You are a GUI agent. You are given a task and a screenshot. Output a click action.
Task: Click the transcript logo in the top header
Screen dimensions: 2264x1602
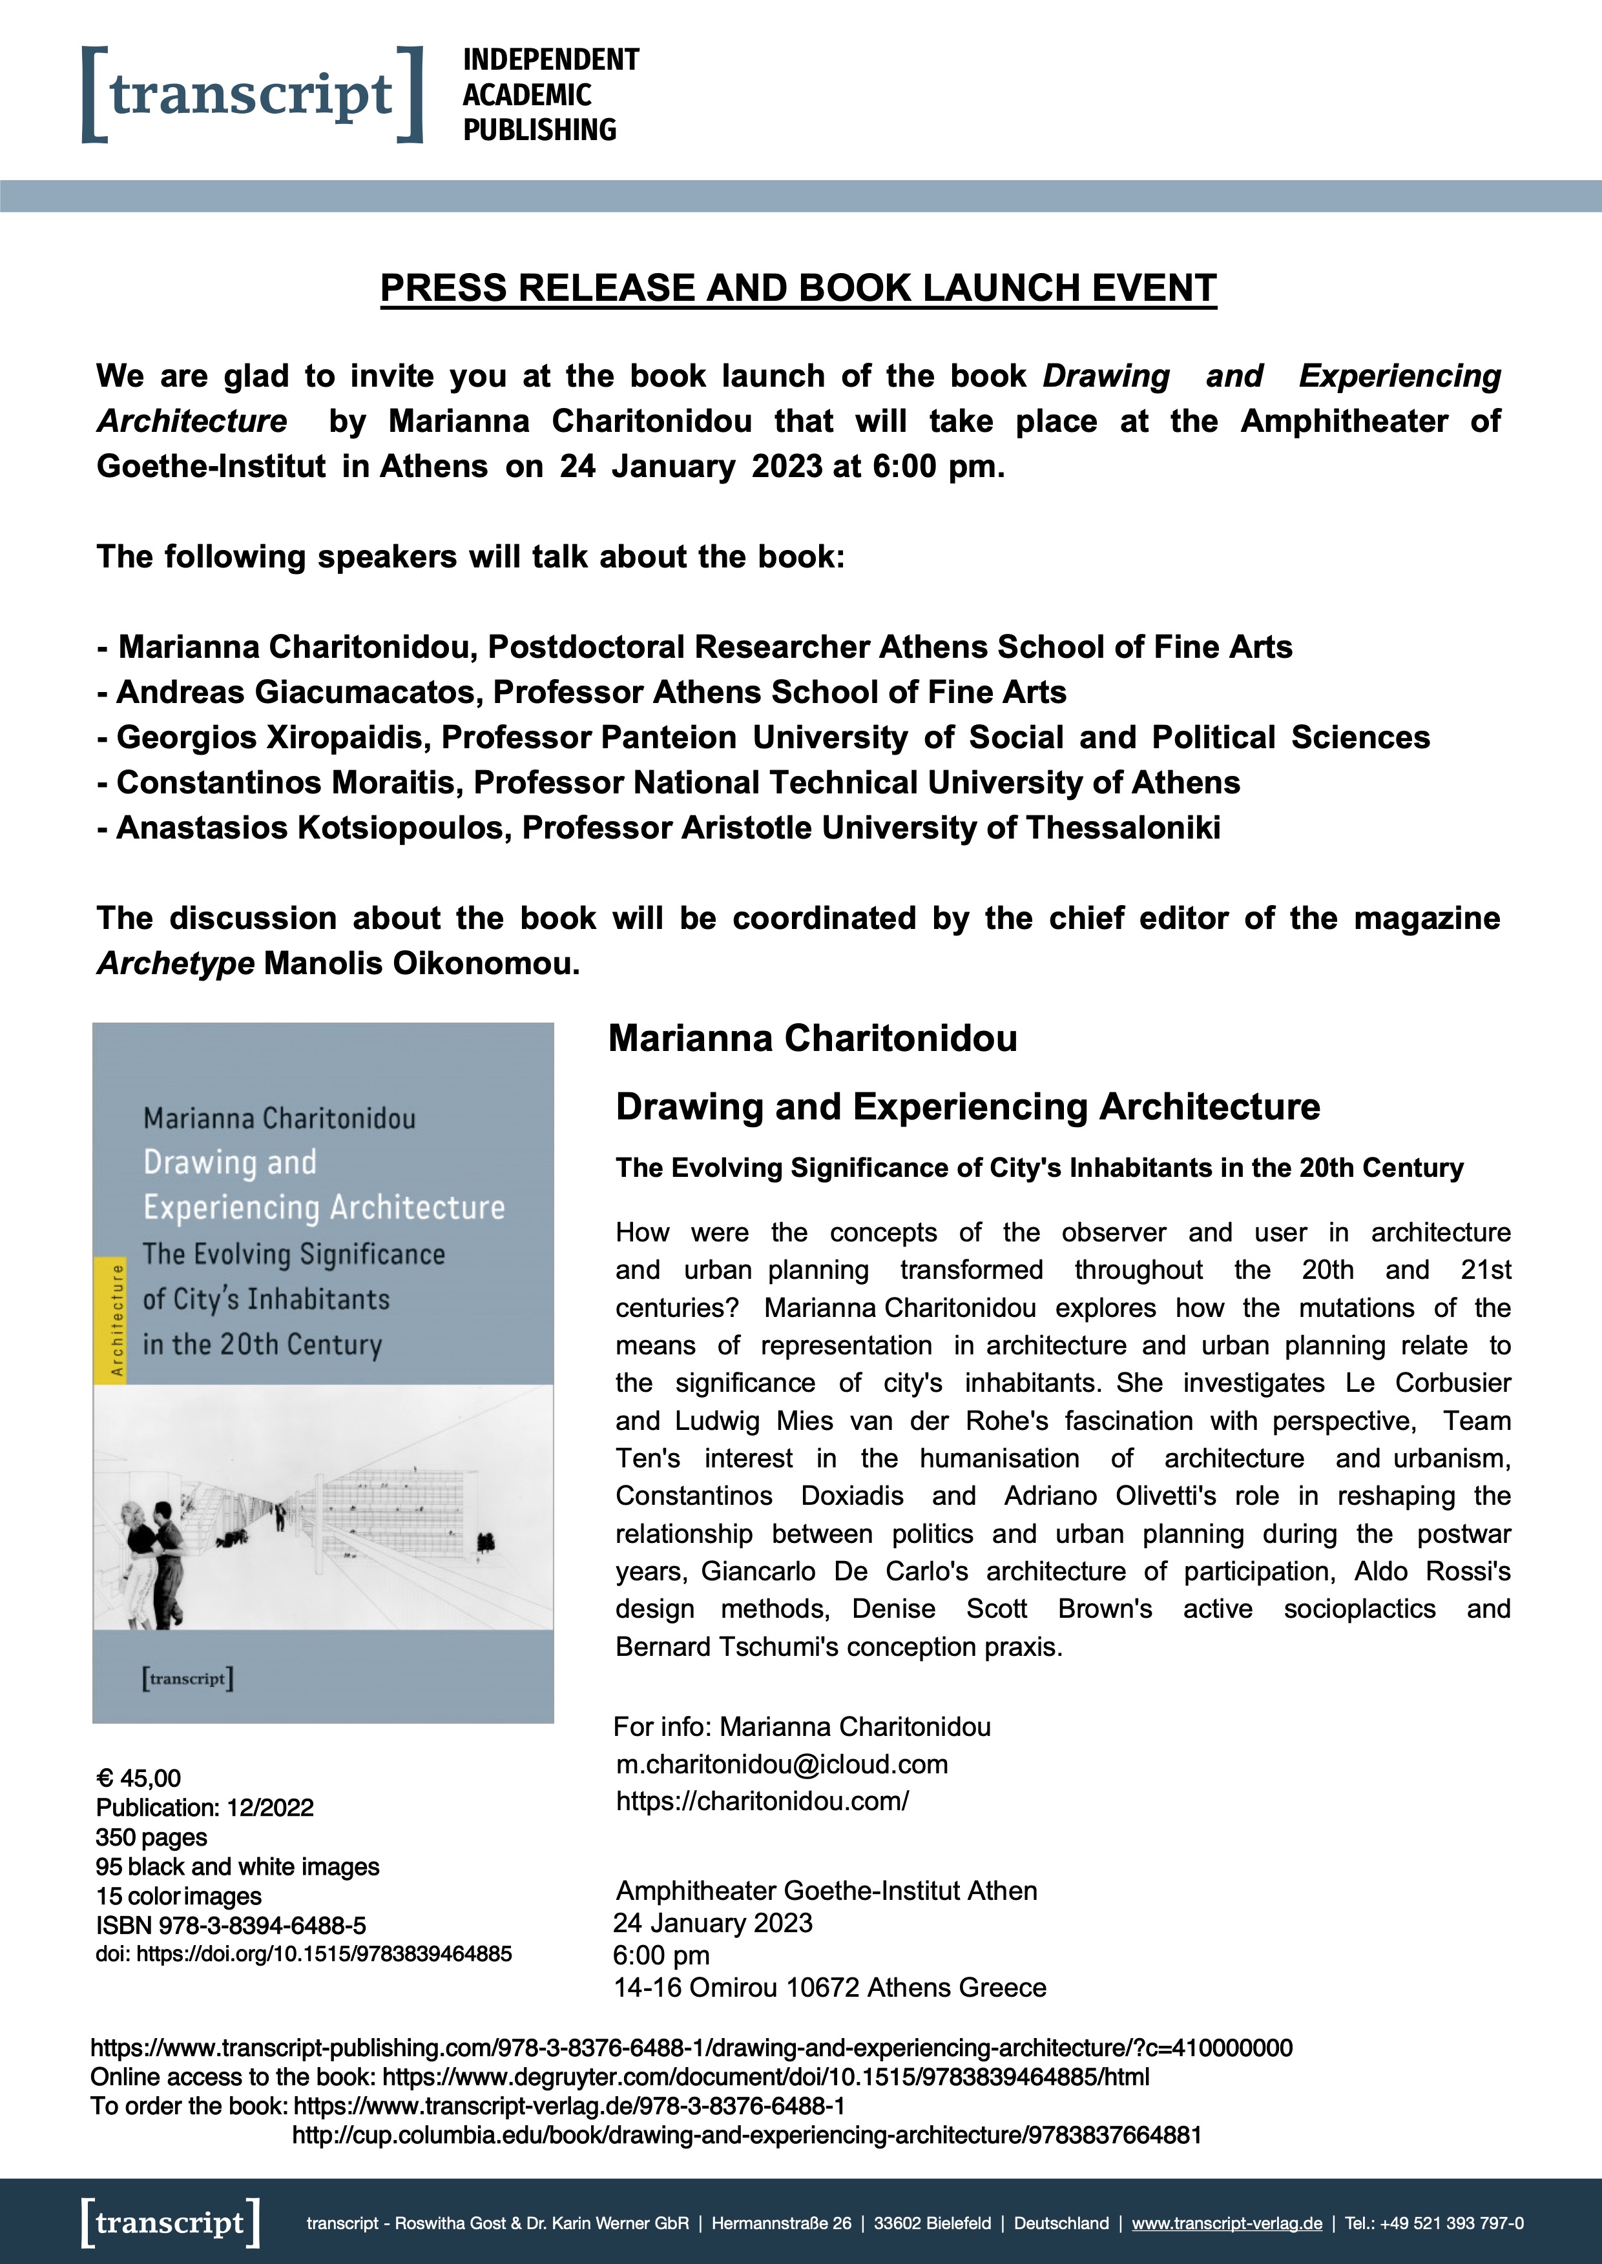251,95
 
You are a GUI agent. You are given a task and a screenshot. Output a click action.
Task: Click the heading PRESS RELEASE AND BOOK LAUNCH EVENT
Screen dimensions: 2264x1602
798,288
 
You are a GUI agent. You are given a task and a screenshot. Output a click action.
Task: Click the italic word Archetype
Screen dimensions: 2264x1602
176,963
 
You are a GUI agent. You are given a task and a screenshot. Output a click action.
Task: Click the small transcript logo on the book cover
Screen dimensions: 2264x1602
187,1678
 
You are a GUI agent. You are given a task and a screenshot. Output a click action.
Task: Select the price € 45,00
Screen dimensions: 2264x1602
138,1778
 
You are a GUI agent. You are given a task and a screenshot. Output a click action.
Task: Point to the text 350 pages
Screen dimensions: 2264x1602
151,1837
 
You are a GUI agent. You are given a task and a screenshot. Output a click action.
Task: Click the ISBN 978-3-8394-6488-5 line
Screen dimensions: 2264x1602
231,1925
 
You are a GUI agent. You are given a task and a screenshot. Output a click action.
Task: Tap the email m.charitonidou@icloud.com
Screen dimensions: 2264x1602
781,1764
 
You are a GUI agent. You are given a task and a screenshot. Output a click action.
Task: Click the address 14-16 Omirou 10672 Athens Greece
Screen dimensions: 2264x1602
829,1987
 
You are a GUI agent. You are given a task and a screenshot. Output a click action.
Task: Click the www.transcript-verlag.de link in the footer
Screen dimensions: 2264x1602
1226,2223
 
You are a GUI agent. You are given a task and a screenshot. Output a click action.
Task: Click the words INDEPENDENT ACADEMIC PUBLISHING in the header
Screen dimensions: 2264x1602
550,95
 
